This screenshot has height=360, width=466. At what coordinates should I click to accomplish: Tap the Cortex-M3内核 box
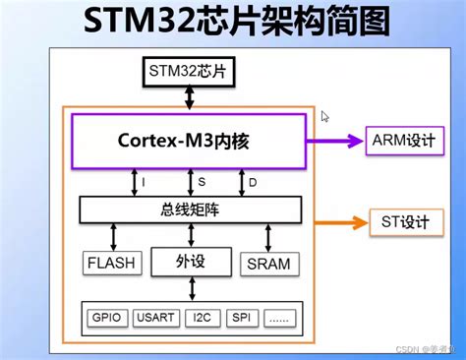tap(189, 141)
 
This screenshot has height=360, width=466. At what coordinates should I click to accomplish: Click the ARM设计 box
tap(399, 140)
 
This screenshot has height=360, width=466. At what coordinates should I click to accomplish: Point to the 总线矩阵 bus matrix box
tap(190, 209)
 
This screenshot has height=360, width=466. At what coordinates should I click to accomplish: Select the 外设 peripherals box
tap(191, 262)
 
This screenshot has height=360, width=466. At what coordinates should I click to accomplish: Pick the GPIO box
tap(104, 319)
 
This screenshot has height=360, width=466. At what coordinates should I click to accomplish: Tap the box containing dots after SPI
tap(280, 319)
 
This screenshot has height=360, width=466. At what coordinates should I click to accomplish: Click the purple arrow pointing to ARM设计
tap(340, 141)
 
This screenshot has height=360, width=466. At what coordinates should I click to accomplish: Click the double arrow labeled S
tap(190, 182)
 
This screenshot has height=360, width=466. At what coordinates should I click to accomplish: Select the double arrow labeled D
tap(242, 182)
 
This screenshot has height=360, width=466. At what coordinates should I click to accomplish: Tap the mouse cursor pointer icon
tap(325, 116)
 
